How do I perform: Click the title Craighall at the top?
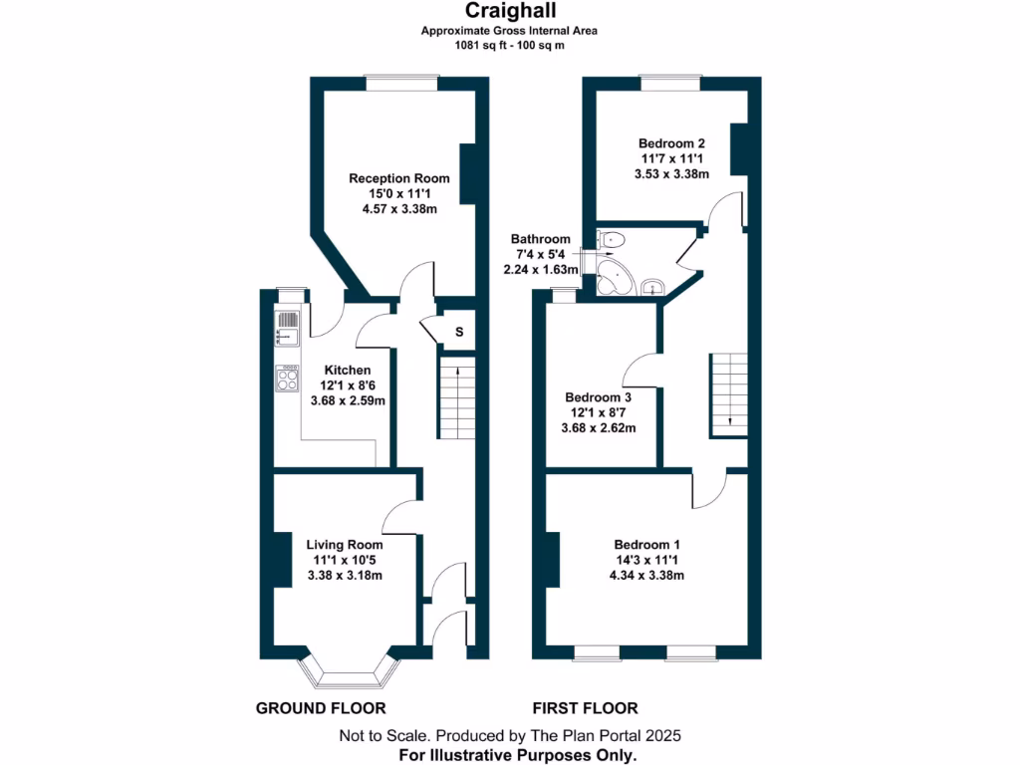[509, 11]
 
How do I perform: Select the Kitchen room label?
[347, 370]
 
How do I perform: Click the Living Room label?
[344, 545]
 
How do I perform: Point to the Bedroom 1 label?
[647, 545]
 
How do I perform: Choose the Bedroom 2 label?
[672, 143]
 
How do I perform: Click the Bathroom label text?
[541, 239]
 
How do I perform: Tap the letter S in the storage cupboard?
[459, 332]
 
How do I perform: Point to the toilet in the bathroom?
[611, 240]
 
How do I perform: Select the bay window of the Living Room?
[348, 673]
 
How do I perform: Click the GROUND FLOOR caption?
[321, 709]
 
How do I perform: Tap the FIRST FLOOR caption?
[585, 709]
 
